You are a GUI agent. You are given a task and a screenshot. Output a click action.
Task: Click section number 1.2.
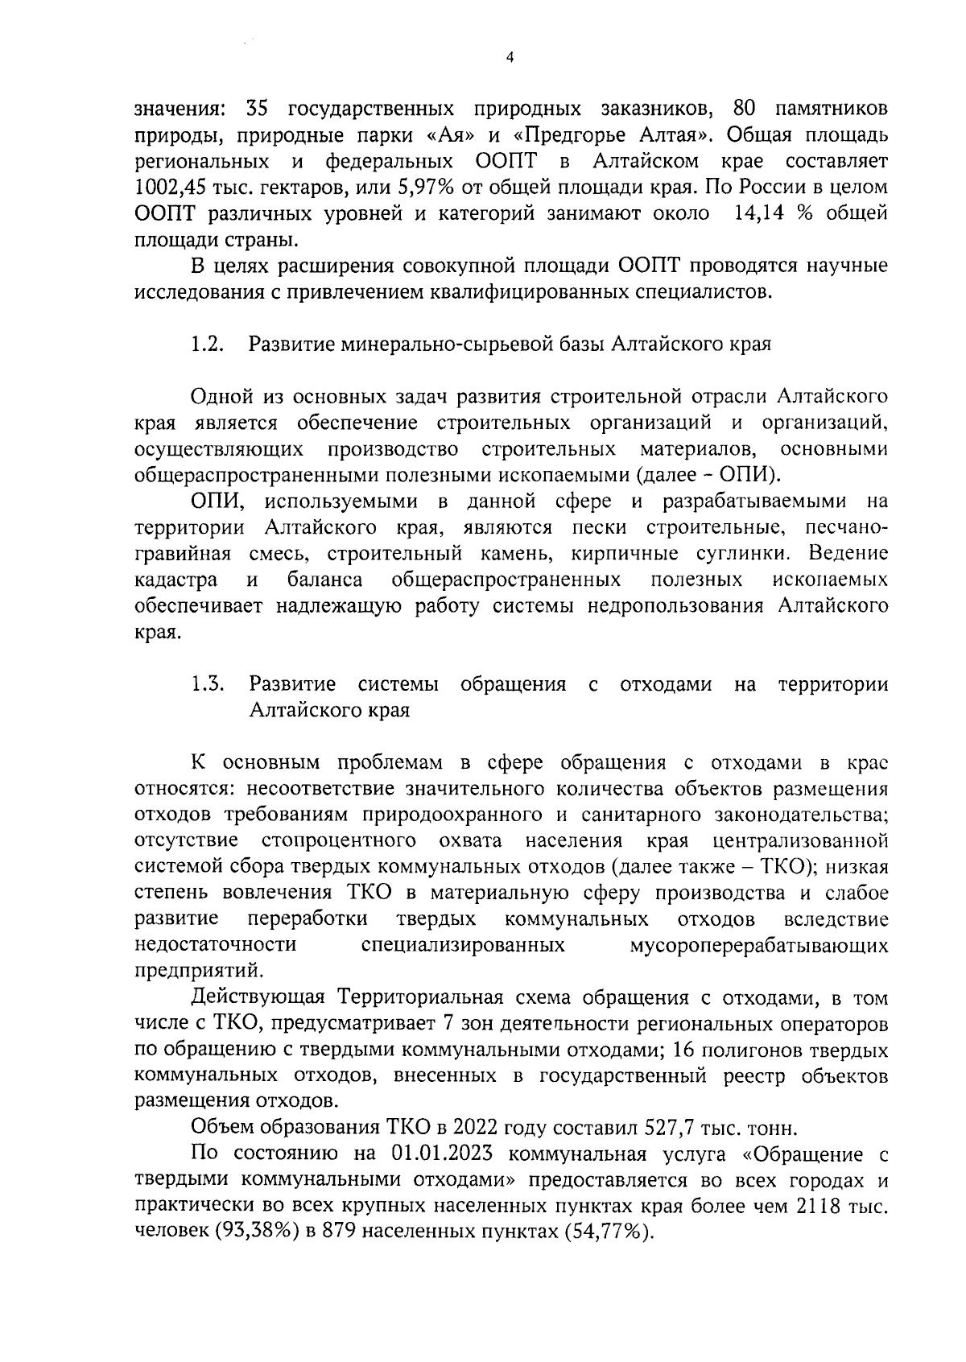207,345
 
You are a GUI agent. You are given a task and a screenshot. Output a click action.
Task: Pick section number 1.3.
207,684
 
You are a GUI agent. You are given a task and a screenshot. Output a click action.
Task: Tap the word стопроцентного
339,841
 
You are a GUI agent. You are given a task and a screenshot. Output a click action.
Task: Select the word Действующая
258,999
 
